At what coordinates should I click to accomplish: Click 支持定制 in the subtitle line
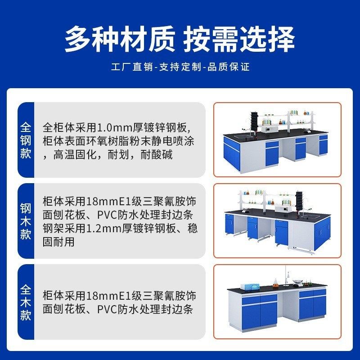(180, 67)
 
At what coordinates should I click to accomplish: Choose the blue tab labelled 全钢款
(26, 139)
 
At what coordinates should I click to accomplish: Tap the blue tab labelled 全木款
(26, 301)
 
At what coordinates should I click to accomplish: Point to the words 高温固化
(70, 155)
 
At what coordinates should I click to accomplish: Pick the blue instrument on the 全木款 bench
(249, 286)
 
